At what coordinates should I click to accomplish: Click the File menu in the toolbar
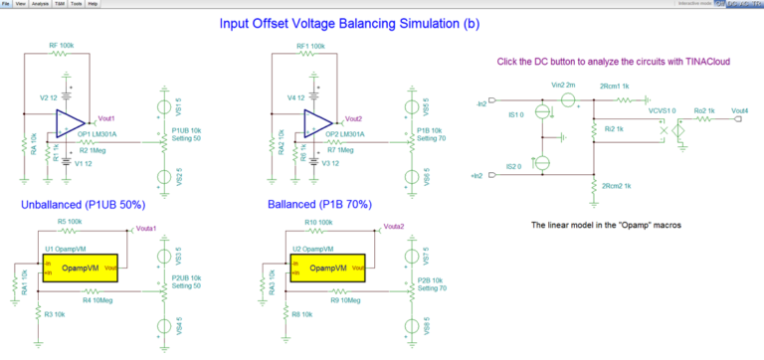[x=8, y=4]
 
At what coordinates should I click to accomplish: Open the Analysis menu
[x=41, y=4]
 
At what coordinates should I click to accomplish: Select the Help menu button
[x=93, y=4]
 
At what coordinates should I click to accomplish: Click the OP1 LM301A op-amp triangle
[x=69, y=122]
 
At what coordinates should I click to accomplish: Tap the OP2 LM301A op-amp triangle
[x=317, y=122]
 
